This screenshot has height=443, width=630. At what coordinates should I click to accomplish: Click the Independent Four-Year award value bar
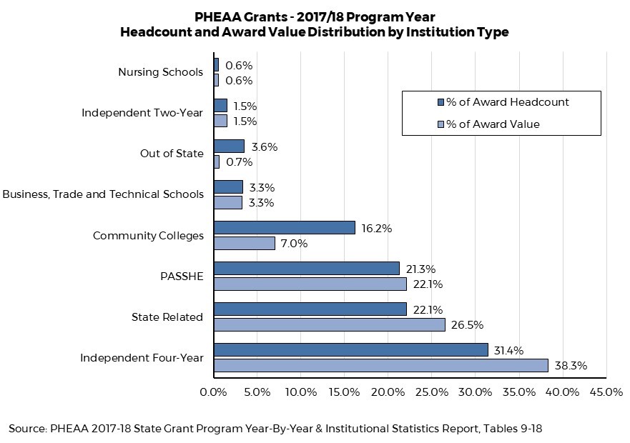pyautogui.click(x=380, y=365)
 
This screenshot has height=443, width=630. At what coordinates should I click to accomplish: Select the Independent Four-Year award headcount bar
pyautogui.click(x=350, y=350)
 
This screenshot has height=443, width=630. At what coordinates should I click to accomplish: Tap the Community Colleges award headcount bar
pyautogui.click(x=284, y=228)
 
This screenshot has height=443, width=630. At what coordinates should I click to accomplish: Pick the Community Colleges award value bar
pyautogui.click(x=244, y=243)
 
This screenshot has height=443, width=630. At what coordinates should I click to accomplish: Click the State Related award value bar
pyautogui.click(x=329, y=324)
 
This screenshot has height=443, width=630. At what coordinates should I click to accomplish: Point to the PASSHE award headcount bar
pyautogui.click(x=306, y=269)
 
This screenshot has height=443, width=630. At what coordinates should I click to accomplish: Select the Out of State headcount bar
pyautogui.click(x=229, y=146)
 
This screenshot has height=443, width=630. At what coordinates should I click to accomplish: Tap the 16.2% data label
pyautogui.click(x=376, y=229)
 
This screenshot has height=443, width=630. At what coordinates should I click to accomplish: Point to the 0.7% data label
pyautogui.click(x=239, y=162)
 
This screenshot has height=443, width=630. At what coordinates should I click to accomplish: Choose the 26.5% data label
pyautogui.click(x=467, y=325)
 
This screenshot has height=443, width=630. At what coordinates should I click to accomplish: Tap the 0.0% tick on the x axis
pyautogui.click(x=213, y=392)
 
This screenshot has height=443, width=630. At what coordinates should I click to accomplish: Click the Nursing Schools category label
pyautogui.click(x=160, y=72)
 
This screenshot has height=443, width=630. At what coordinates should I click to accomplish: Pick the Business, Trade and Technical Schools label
pyautogui.click(x=103, y=194)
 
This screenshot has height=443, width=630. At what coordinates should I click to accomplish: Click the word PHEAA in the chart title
pyautogui.click(x=217, y=16)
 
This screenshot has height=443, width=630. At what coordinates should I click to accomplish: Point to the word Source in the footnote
pyautogui.click(x=26, y=429)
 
